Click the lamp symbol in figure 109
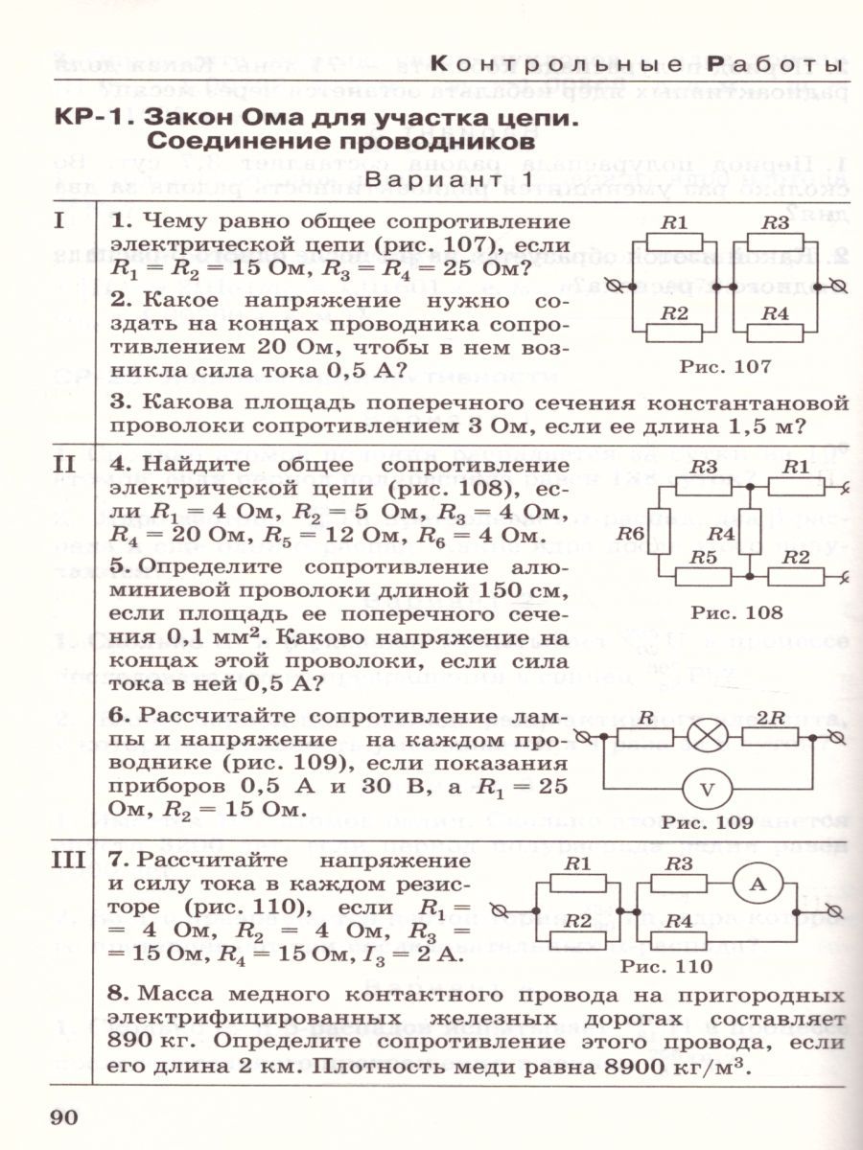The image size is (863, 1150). click(x=707, y=737)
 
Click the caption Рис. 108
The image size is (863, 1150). click(x=736, y=612)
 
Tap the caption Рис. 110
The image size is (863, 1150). click(x=666, y=966)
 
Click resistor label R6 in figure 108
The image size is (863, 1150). click(x=630, y=534)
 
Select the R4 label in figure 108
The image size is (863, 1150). click(x=721, y=534)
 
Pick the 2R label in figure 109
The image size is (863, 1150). click(x=778, y=717)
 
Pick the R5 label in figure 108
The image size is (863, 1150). click(x=704, y=557)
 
